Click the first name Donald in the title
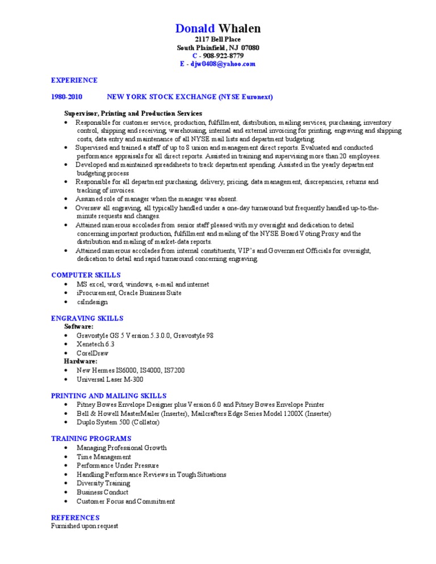(195, 28)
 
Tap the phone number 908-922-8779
(223, 56)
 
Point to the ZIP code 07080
(250, 48)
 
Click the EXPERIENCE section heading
(74, 80)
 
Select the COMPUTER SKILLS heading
(86, 275)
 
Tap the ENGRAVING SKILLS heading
(87, 318)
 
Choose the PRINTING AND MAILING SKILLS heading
(109, 395)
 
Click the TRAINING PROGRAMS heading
(91, 439)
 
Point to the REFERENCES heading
(76, 517)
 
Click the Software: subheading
(79, 327)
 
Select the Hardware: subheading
(81, 361)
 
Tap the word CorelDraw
(93, 352)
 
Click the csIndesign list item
(92, 302)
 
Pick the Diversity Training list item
(103, 483)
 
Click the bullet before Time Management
(66, 457)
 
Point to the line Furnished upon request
(85, 526)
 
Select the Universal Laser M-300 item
(110, 379)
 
